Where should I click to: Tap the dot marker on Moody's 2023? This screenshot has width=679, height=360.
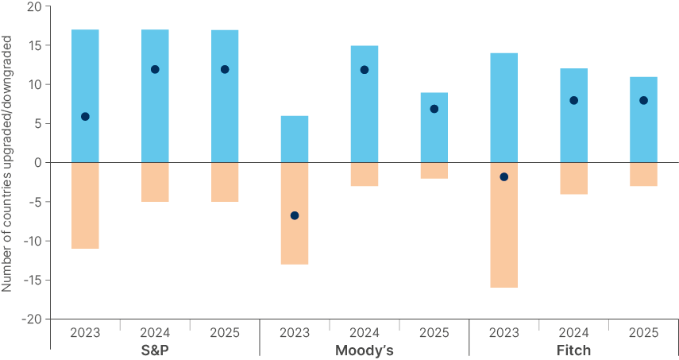point(295,215)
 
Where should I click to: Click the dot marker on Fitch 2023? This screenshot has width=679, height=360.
point(503,176)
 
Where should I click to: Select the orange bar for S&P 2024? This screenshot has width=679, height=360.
point(155,182)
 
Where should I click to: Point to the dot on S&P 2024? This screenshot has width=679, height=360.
point(155,69)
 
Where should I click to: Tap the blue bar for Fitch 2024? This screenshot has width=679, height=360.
point(573,115)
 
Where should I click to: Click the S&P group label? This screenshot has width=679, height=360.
point(155,350)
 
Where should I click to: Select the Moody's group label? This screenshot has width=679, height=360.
point(365,350)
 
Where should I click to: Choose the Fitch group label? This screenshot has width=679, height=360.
point(573,350)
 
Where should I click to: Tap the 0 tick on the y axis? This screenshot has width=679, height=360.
point(37,163)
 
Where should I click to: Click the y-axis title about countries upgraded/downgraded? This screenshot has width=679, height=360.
point(7,163)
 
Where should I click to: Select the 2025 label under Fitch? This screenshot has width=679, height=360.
point(643,332)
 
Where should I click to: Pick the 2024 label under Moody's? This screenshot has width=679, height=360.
point(365,332)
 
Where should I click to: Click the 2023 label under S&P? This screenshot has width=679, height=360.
point(85,332)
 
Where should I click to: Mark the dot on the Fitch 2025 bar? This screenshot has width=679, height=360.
point(643,100)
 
